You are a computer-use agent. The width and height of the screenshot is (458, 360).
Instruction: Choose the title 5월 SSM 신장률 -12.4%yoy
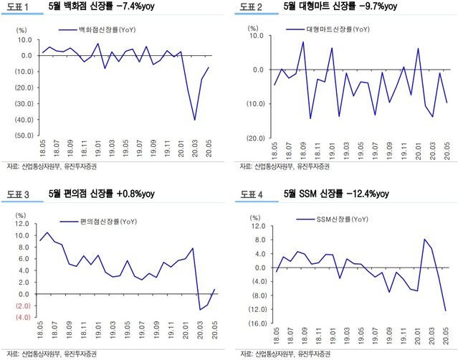tap(336, 194)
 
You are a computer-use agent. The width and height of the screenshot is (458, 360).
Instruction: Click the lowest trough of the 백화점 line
tap(194, 120)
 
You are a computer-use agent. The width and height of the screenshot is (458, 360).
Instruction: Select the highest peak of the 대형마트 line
tap(303, 42)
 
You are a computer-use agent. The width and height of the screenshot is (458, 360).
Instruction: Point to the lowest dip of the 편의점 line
tap(200, 310)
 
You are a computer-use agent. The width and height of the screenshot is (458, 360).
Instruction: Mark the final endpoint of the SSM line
tap(445, 311)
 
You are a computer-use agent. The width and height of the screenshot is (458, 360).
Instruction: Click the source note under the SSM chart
tap(284, 354)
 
